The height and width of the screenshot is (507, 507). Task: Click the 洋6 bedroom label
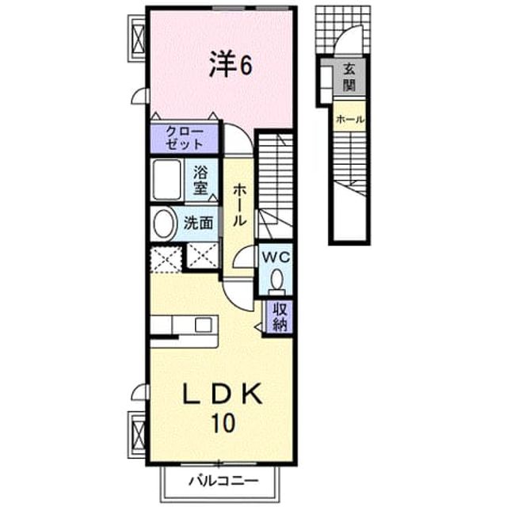[x=231, y=66]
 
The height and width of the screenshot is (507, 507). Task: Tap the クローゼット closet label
[x=185, y=138]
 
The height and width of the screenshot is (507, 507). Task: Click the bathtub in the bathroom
[x=167, y=180]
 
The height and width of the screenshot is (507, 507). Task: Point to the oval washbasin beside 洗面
[x=166, y=223]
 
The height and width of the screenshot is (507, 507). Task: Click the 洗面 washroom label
[x=198, y=223]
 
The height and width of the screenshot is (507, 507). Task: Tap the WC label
[x=276, y=257]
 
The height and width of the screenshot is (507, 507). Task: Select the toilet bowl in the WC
[x=276, y=280]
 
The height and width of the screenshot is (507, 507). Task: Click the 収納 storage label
[x=280, y=317]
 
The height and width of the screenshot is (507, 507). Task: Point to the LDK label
[x=223, y=394]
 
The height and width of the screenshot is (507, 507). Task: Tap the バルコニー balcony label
[x=223, y=481]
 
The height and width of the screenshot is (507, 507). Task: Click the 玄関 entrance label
[x=349, y=77]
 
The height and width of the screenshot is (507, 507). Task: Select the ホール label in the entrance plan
[x=350, y=120]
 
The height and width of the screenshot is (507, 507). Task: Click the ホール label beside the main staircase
[x=239, y=205]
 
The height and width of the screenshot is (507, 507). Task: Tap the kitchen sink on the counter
[x=204, y=325]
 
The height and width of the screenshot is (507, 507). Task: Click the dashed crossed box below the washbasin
[x=166, y=259]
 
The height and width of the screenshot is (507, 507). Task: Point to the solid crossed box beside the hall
[x=203, y=255]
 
